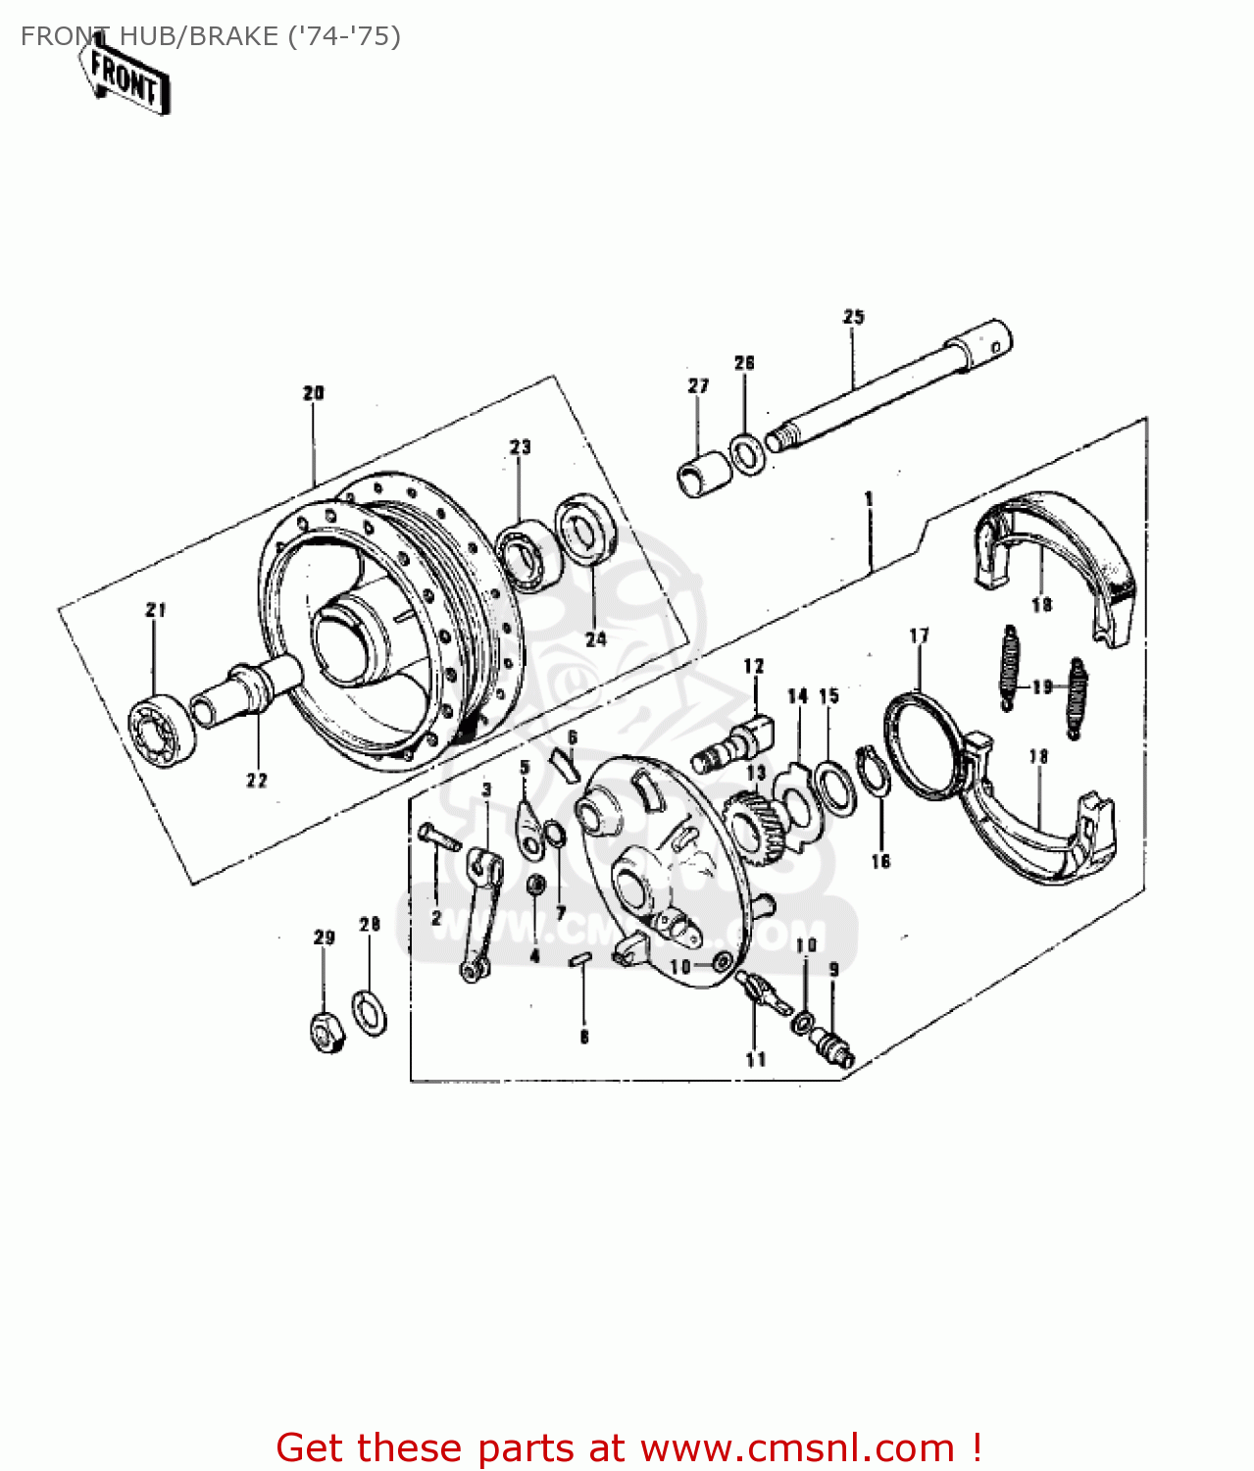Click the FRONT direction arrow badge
point(125,77)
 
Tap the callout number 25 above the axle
point(853,317)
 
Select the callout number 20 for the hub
point(313,393)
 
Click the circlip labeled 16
point(873,771)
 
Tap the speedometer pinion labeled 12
point(733,746)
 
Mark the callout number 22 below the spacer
point(257,781)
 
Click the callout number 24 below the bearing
point(596,639)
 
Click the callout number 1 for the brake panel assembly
point(869,499)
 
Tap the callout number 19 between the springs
point(1042,686)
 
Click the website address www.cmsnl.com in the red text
point(797,1447)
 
